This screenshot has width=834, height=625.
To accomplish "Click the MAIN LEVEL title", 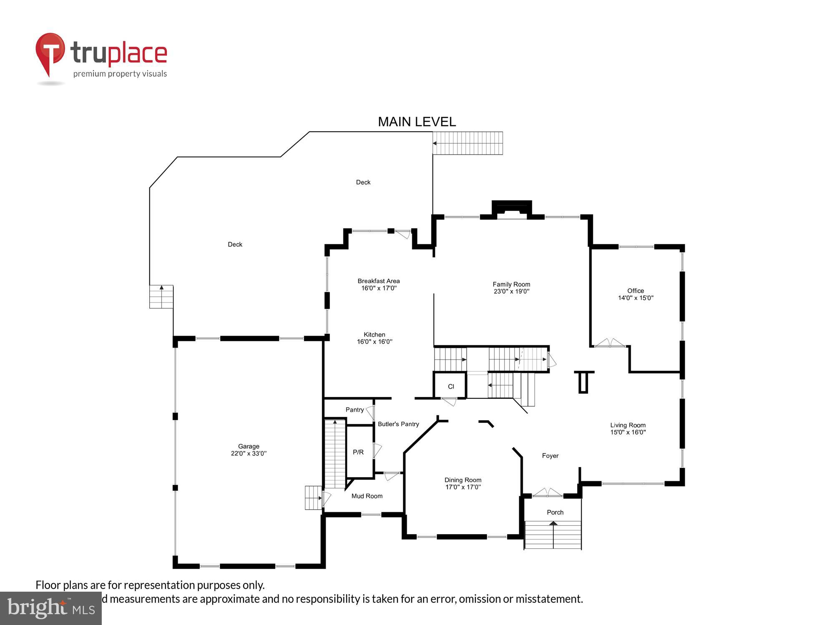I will [x=417, y=122].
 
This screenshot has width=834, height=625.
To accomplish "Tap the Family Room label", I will [x=511, y=284].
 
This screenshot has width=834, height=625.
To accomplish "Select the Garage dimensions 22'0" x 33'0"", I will [x=249, y=453].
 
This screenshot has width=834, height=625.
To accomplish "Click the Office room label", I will [x=636, y=290].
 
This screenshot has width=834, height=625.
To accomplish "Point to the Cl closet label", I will [x=451, y=386].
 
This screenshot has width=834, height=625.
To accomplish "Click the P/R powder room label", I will [x=358, y=452].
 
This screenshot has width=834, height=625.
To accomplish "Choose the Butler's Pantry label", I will [x=398, y=424].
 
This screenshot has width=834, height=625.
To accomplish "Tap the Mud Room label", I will [x=367, y=496].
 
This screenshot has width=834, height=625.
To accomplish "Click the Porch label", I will [x=555, y=512].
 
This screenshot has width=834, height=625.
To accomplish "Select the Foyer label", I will [x=550, y=455].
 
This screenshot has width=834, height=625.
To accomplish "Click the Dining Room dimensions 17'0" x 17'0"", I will [x=463, y=487].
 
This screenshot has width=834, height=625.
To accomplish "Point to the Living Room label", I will [x=628, y=425].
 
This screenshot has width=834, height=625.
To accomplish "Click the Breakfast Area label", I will [x=378, y=281].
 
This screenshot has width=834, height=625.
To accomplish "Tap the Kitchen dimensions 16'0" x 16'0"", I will [x=374, y=342].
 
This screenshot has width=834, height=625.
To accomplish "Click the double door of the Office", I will [x=610, y=343].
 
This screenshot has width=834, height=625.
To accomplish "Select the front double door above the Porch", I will [x=548, y=493].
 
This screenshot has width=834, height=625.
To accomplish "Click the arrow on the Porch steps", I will [x=553, y=524].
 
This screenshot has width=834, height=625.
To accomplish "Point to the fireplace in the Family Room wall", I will [x=512, y=210].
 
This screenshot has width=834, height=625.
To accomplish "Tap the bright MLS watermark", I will [x=51, y=608].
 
